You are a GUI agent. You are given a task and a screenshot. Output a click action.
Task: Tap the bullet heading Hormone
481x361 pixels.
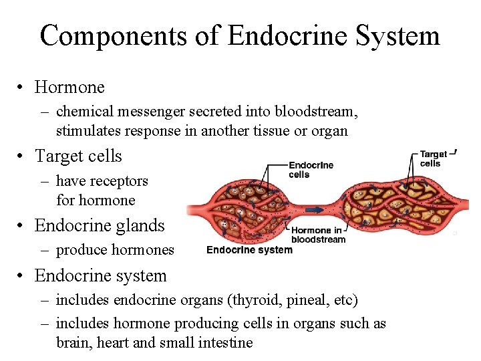(x=69, y=87)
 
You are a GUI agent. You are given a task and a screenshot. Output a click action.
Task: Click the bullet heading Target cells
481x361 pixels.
(x=78, y=156)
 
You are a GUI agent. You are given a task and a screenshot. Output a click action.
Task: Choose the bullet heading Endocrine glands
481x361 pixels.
(x=100, y=225)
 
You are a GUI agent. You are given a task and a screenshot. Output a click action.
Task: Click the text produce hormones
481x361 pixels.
(x=115, y=250)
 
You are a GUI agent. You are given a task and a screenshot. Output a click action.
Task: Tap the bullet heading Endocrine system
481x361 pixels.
(x=100, y=275)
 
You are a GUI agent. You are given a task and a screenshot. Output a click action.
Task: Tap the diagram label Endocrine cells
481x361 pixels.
(x=310, y=170)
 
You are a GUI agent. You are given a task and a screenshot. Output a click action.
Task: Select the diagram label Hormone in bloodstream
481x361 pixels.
(x=318, y=235)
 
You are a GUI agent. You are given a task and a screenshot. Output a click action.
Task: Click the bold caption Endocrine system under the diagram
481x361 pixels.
(x=249, y=250)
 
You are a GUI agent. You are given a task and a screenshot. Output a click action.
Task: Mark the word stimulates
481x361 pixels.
(x=86, y=131)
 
